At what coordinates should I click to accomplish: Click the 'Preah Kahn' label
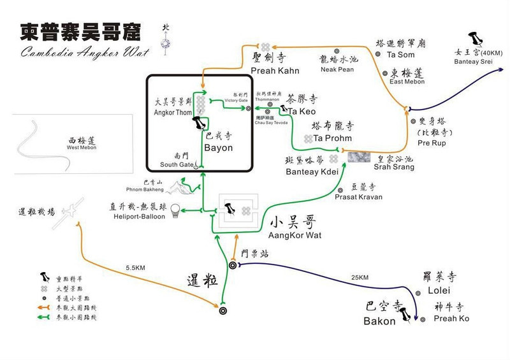coord(271,71)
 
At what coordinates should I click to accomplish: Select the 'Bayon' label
coord(218,148)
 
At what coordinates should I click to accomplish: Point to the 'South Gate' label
coord(177,165)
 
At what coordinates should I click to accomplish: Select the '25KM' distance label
coord(360,278)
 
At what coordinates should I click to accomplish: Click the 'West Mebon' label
coord(80,148)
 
